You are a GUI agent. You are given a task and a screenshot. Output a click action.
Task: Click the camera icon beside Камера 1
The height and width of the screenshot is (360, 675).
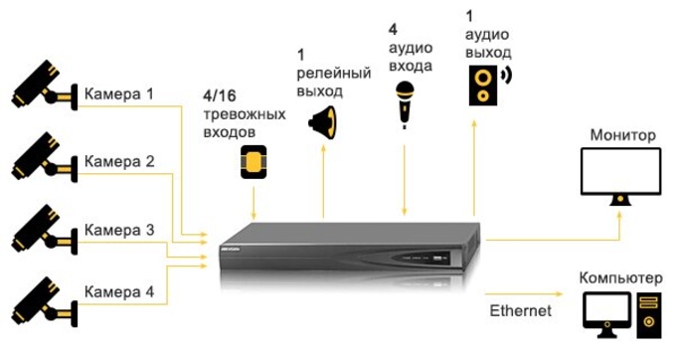click(x=42, y=85)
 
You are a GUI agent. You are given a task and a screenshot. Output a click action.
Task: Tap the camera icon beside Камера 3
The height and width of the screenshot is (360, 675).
click(x=42, y=228)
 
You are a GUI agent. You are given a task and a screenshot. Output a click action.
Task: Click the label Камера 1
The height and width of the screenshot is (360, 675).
click(x=119, y=94)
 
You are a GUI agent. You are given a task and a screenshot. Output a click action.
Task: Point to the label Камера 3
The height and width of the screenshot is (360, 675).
click(x=119, y=231)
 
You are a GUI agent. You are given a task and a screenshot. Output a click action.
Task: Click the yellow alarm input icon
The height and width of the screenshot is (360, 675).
click(x=255, y=161)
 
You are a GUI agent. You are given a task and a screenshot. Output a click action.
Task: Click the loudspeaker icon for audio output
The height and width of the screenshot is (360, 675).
click(x=485, y=84)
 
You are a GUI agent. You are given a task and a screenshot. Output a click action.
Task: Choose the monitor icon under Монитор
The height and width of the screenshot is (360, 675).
click(x=621, y=173)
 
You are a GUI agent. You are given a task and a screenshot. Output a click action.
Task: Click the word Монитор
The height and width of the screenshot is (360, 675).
click(x=623, y=133)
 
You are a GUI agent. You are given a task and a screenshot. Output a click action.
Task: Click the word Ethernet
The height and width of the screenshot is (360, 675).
click(x=520, y=311)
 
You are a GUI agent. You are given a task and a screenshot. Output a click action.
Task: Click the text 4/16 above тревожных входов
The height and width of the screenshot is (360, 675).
click(x=223, y=94)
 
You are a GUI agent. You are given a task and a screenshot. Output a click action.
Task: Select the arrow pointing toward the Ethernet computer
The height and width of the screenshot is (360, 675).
click(x=527, y=292)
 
